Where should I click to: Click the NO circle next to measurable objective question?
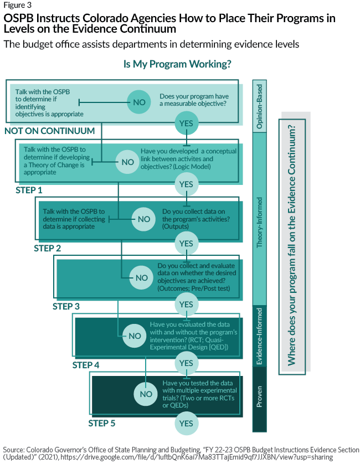pyautogui.click(x=139, y=102)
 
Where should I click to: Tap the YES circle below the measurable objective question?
pyautogui.click(x=187, y=123)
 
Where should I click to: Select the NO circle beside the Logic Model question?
pyautogui.click(x=128, y=162)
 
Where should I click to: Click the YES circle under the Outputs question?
pyautogui.click(x=187, y=243)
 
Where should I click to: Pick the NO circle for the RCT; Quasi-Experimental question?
pyautogui.click(x=135, y=336)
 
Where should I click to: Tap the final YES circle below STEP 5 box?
pyautogui.click(x=187, y=424)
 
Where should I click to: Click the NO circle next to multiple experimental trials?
pyautogui.click(x=146, y=394)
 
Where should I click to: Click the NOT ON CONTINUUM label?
pyautogui.click(x=50, y=131)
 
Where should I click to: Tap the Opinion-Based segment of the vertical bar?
pyautogui.click(x=259, y=106)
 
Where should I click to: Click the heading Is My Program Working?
pyautogui.click(x=177, y=64)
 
